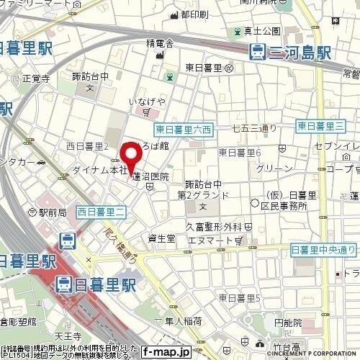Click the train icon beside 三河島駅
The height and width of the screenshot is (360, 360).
(256, 52)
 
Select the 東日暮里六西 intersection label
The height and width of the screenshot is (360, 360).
(184, 130)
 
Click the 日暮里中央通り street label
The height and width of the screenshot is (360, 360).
(323, 249)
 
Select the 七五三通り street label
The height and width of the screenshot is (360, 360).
(254, 128)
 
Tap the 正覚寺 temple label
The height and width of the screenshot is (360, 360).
(35, 78)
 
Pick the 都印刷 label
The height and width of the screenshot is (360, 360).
(194, 14)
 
